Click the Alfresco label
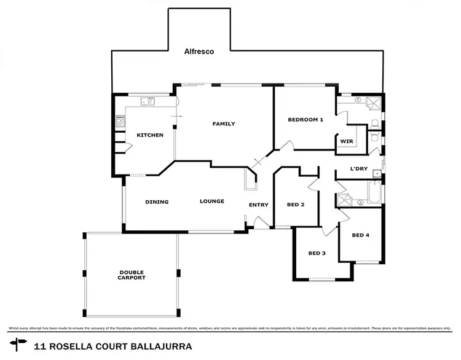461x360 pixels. point(199,52)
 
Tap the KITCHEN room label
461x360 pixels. point(150,135)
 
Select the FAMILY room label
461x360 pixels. point(224,124)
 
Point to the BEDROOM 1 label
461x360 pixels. point(305,120)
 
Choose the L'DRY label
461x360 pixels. point(358,169)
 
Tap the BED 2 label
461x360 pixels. point(296,205)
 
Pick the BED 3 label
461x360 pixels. point(317,253)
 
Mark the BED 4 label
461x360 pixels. point(360,235)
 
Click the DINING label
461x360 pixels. point(157,202)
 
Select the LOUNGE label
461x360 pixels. point(211,202)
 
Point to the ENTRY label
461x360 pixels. point(258,205)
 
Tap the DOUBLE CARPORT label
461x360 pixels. point(132,275)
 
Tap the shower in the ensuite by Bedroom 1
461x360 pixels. point(373,103)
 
